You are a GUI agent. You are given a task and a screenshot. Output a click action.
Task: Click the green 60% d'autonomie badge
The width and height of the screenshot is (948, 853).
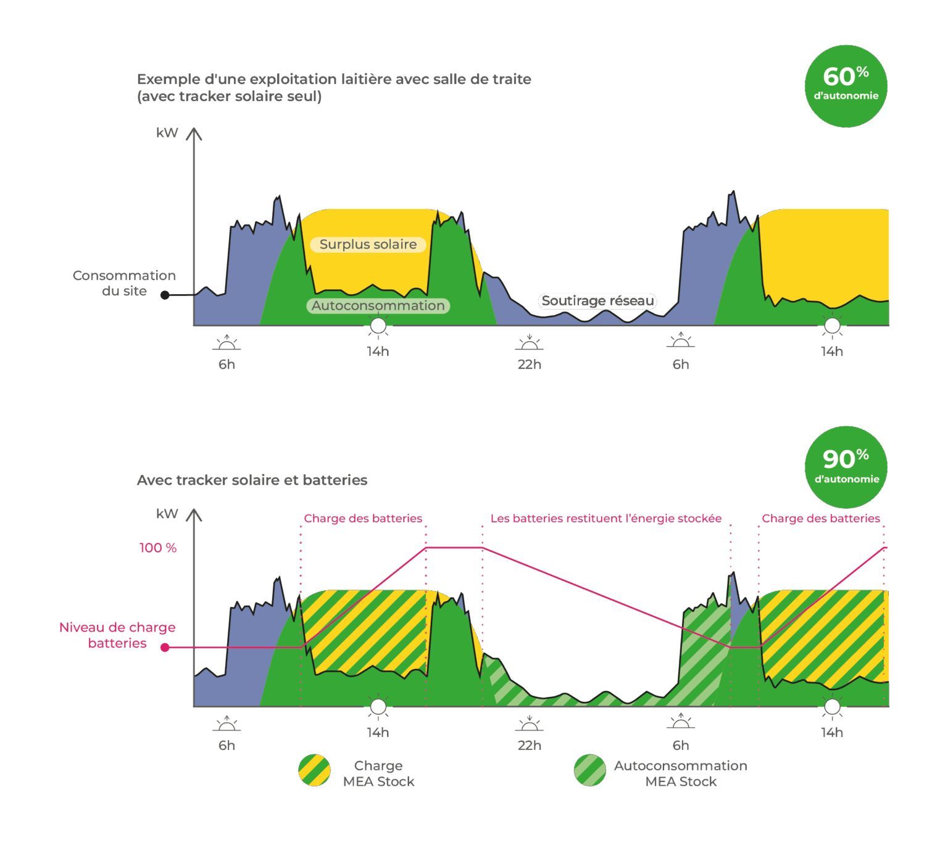[x=846, y=86]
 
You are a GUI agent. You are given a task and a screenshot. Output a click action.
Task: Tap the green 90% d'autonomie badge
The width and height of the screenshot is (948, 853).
[x=846, y=467]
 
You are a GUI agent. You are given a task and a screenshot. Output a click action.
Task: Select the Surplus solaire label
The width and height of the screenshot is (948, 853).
[x=368, y=244]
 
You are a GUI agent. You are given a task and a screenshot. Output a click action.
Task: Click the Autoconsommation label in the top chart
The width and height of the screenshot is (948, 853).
[x=378, y=305]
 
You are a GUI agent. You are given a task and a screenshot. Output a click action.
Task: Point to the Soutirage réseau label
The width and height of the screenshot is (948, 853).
[x=597, y=301]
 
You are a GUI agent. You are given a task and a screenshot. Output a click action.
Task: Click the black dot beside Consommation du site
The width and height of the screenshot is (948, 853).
[x=165, y=295]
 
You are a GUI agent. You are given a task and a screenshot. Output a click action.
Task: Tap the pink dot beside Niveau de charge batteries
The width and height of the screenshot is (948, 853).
[x=165, y=647]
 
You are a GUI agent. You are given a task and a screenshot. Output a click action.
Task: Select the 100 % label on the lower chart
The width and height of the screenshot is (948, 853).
[x=158, y=548]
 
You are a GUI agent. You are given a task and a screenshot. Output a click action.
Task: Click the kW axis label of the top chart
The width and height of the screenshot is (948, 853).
[x=167, y=133]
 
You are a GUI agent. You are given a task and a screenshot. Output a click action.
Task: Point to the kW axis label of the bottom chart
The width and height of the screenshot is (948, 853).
[x=167, y=514]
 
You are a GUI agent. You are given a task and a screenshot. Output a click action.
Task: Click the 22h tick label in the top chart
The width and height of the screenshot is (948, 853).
[x=529, y=365]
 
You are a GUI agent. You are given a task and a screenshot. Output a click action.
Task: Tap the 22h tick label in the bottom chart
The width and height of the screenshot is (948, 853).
[x=529, y=745]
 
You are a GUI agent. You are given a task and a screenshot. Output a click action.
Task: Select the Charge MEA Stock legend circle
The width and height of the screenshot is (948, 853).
[x=314, y=770]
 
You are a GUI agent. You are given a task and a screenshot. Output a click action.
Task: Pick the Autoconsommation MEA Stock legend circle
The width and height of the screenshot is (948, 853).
[x=589, y=770]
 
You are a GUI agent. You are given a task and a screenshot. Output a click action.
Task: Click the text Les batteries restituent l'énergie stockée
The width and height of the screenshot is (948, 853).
[x=605, y=519]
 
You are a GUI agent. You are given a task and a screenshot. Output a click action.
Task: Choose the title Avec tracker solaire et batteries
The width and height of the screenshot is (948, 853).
[x=252, y=480]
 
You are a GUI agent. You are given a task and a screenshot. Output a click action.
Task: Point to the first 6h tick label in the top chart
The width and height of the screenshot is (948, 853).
[x=227, y=365]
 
